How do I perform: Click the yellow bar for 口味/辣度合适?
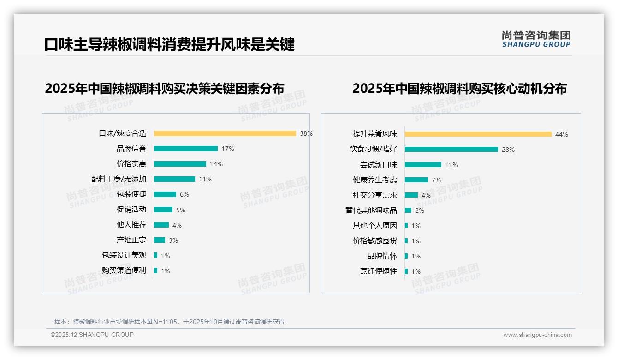click(x=225, y=133)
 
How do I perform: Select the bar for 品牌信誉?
click(x=185, y=149)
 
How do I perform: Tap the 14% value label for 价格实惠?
click(x=216, y=164)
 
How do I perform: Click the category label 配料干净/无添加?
click(x=119, y=179)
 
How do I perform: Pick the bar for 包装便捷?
click(x=165, y=194)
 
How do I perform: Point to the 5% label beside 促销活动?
click(x=181, y=210)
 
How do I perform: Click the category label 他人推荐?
click(x=131, y=225)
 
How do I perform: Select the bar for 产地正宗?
click(x=159, y=240)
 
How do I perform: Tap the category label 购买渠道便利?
click(x=124, y=270)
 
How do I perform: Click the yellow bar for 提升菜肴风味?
click(x=478, y=134)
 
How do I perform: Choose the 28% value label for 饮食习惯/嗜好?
click(x=508, y=150)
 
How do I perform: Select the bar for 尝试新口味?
click(x=423, y=165)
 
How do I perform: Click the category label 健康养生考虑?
click(x=374, y=180)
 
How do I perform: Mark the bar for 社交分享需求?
click(x=411, y=195)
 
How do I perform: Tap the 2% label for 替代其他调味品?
click(x=419, y=210)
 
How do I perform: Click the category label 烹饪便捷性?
click(x=378, y=271)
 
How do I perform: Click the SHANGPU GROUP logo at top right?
click(x=536, y=39)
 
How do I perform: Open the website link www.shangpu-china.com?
click(x=537, y=335)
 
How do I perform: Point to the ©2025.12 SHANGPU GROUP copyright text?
click(x=92, y=335)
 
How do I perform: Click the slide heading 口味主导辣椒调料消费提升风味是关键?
click(x=169, y=45)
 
